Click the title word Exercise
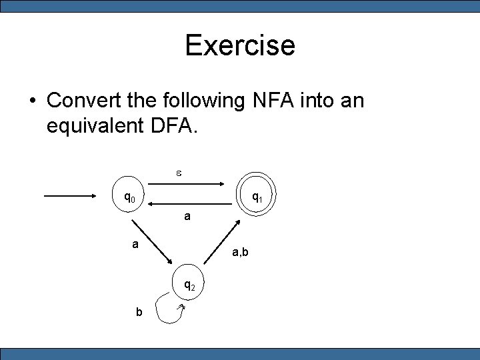(240, 45)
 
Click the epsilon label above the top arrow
(179, 173)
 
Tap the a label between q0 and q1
(187, 217)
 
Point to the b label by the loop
(139, 312)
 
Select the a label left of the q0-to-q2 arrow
(135, 244)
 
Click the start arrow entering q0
(70, 196)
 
